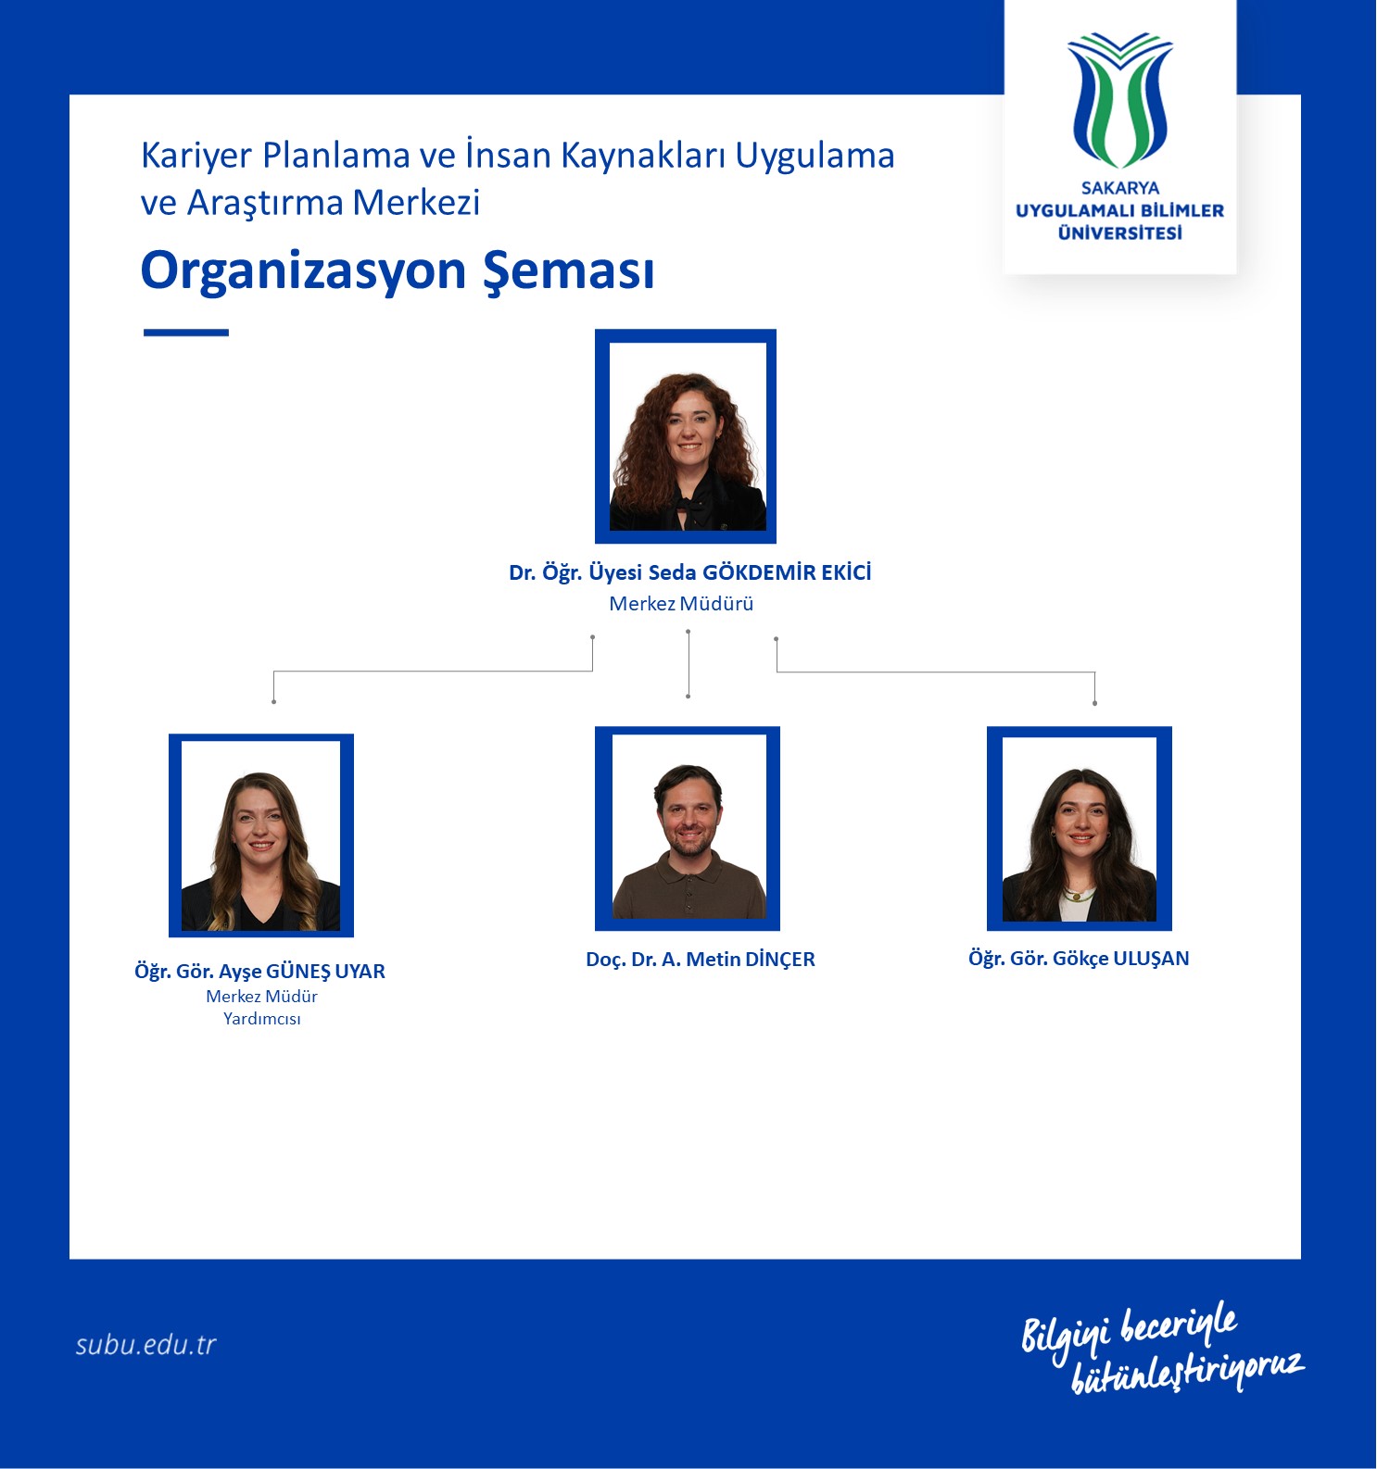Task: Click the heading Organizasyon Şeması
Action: (x=398, y=271)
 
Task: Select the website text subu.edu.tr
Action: (x=145, y=1344)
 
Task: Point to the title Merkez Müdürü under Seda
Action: (x=681, y=604)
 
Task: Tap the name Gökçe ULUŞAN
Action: (x=1121, y=959)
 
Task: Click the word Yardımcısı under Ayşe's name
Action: (x=262, y=1019)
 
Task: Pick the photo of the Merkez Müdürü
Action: (x=686, y=436)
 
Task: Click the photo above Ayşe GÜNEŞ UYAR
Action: (x=261, y=835)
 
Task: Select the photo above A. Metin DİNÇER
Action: (x=688, y=829)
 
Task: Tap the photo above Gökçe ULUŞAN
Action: (x=1080, y=829)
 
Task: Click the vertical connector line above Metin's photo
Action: (x=688, y=663)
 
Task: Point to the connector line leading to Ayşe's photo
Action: (x=433, y=671)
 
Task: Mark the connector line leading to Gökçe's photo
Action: (x=936, y=672)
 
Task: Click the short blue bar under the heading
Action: (x=186, y=333)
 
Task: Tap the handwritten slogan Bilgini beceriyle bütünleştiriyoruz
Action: (x=1163, y=1348)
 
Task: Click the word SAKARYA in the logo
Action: (x=1119, y=188)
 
